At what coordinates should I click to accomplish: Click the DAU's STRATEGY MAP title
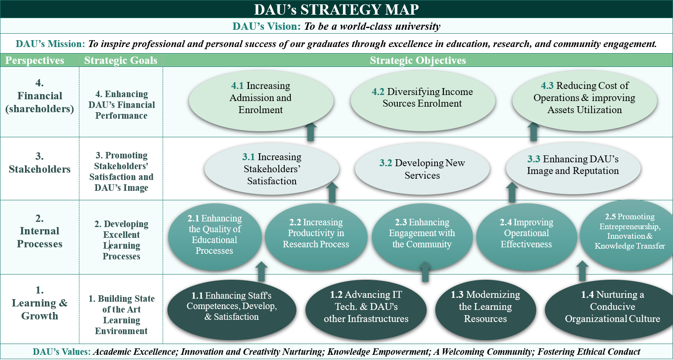336,9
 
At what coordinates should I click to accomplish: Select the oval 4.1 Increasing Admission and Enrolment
261,101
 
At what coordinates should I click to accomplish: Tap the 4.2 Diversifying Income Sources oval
422,101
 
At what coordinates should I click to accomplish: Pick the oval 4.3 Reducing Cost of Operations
585,101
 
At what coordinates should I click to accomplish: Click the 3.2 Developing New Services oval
422,169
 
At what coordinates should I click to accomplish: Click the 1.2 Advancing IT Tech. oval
366,310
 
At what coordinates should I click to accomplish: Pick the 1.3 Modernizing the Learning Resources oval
485,310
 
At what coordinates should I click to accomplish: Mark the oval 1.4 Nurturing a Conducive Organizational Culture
610,310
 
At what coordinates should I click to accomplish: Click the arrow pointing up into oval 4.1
311,132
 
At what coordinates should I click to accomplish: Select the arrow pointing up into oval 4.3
534,131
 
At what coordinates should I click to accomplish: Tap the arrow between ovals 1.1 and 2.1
261,272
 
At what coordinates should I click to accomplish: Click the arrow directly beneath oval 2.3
425,272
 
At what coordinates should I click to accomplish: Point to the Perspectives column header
35,60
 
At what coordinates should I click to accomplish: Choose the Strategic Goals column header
121,60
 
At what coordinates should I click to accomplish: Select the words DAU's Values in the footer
62,352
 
